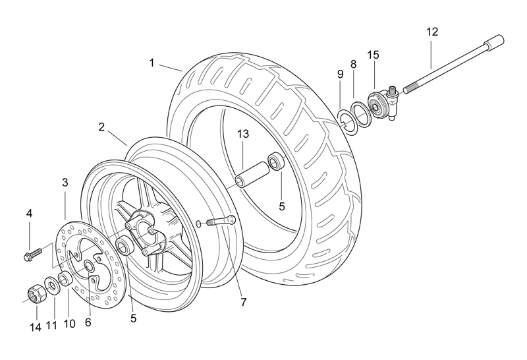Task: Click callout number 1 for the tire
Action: (152, 63)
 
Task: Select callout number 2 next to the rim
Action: (102, 127)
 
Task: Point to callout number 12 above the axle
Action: (431, 32)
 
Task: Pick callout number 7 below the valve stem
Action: (243, 303)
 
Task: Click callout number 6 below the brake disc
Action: (88, 322)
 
